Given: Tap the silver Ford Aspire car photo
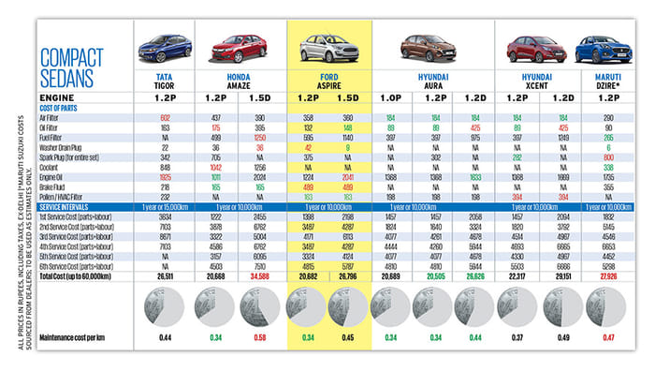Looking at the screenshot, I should click(x=328, y=47).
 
